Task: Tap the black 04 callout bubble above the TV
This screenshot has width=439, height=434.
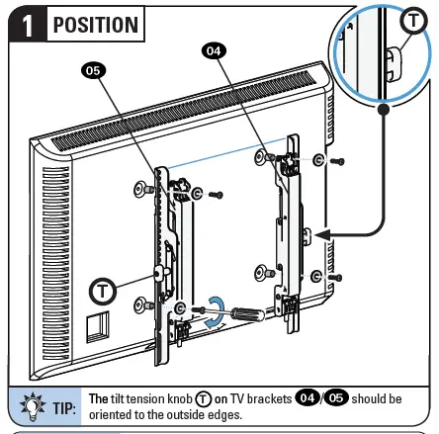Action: tap(214, 49)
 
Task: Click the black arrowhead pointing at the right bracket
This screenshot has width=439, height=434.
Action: tap(318, 234)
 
